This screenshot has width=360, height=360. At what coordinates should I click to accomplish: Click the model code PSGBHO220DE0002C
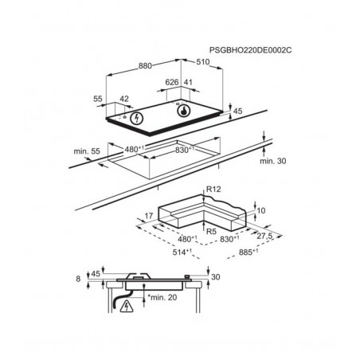tap(250, 50)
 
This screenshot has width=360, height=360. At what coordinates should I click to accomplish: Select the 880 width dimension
tap(145, 66)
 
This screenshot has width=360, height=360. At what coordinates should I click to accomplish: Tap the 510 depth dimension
tap(203, 62)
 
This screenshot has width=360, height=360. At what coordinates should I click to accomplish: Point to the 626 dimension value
tap(172, 82)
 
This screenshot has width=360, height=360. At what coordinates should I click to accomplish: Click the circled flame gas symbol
tap(184, 111)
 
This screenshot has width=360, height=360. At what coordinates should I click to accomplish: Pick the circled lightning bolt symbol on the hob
tap(136, 118)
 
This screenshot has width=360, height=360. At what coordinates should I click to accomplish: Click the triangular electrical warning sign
tap(127, 306)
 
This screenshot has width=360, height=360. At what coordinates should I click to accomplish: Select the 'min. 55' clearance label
tap(87, 151)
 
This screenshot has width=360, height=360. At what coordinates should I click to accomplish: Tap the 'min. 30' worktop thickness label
tap(273, 161)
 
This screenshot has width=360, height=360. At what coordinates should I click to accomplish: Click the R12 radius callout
tap(213, 190)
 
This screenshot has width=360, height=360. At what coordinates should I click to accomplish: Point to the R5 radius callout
tap(211, 232)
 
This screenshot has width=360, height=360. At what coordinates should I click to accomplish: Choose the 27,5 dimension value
tap(264, 236)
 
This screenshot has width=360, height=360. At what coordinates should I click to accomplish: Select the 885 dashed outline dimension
tap(248, 252)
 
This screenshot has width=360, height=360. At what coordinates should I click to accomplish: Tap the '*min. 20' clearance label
tap(162, 297)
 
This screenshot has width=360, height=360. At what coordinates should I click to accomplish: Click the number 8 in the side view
tap(78, 279)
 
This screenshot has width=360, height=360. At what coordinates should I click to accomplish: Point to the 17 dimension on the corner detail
tap(149, 216)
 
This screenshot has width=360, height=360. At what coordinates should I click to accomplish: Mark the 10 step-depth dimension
tap(261, 210)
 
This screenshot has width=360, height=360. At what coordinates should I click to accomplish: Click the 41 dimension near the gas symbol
tap(188, 82)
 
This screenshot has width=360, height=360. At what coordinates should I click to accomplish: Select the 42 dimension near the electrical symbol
tap(124, 99)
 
